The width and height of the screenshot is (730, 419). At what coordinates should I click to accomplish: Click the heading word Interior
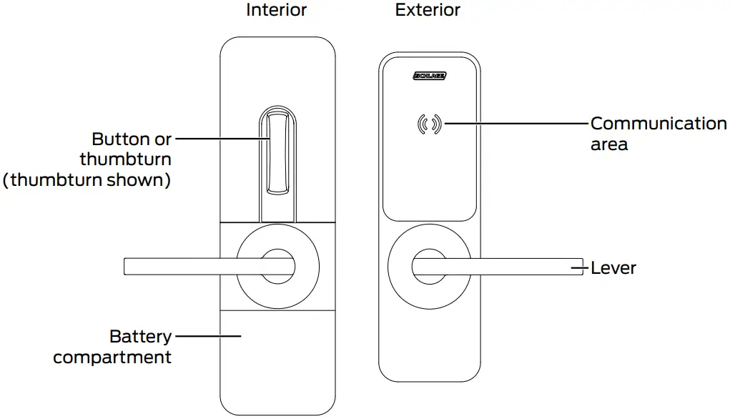pyautogui.click(x=276, y=10)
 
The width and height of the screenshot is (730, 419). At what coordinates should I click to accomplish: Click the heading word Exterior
pyautogui.click(x=428, y=10)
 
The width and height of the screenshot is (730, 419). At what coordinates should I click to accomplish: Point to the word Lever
pyautogui.click(x=613, y=269)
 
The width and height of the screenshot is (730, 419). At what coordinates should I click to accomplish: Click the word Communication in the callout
pyautogui.click(x=658, y=124)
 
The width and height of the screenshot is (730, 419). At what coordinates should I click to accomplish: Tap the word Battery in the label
pyautogui.click(x=140, y=336)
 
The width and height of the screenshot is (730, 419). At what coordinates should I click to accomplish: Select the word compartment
pyautogui.click(x=112, y=357)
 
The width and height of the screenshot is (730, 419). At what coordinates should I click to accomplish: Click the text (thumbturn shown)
pyautogui.click(x=87, y=179)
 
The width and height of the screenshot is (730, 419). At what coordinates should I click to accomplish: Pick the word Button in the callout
pyautogui.click(x=121, y=139)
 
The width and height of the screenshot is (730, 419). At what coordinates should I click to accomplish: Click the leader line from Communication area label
pyautogui.click(x=515, y=124)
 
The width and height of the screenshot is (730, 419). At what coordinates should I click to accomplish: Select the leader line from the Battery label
pyautogui.click(x=207, y=335)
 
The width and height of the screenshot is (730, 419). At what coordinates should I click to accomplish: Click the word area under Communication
pyautogui.click(x=609, y=144)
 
